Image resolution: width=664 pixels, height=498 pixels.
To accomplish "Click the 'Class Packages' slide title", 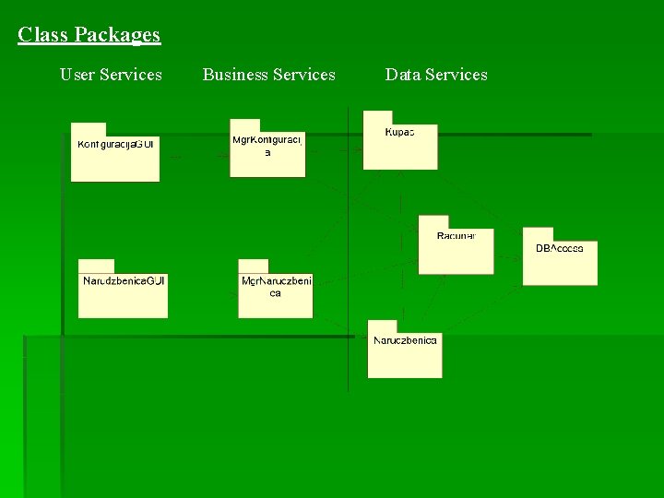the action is [x=89, y=35].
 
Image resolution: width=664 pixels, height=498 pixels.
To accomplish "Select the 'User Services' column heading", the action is [x=111, y=75].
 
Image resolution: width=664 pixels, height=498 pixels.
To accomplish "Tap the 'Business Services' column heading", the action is [x=268, y=75].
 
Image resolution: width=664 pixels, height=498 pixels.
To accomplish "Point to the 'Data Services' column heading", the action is [x=436, y=75].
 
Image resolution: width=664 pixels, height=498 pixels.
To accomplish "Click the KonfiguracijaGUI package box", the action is [x=115, y=157].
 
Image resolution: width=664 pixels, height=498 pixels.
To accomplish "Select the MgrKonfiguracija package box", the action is [x=267, y=152].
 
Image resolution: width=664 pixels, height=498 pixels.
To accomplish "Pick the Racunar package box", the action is [x=456, y=249].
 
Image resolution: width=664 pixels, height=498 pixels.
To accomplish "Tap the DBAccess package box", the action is [x=560, y=261].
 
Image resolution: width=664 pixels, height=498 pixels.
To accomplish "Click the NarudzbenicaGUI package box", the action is [x=123, y=293].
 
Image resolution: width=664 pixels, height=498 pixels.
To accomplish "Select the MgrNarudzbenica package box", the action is [x=275, y=293].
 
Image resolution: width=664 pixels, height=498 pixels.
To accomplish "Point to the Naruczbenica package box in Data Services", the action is [x=405, y=354].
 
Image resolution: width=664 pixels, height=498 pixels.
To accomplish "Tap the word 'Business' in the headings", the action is [x=238, y=75].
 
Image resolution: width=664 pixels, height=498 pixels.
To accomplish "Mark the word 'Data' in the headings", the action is [x=402, y=75].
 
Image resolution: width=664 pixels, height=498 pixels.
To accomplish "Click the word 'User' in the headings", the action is [x=77, y=75].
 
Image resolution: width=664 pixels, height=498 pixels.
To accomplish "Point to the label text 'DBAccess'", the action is [x=560, y=249].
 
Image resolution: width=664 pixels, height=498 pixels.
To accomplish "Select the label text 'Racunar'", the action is [x=456, y=236].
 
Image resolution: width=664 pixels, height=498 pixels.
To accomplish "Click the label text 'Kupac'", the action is [x=399, y=132].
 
